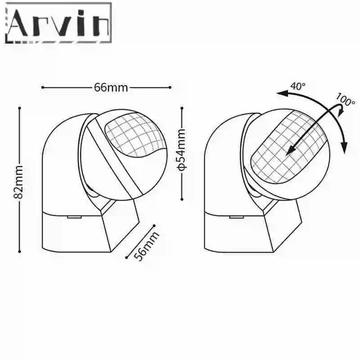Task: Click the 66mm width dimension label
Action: pos(111,87)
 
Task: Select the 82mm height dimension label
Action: pos(18,182)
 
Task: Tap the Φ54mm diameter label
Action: pos(181,150)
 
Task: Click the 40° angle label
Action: pos(298,86)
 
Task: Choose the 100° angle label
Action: pos(345,99)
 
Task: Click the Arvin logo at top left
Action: pos(58,23)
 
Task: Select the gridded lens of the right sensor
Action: pos(288,147)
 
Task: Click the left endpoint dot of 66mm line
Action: pos(42,87)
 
